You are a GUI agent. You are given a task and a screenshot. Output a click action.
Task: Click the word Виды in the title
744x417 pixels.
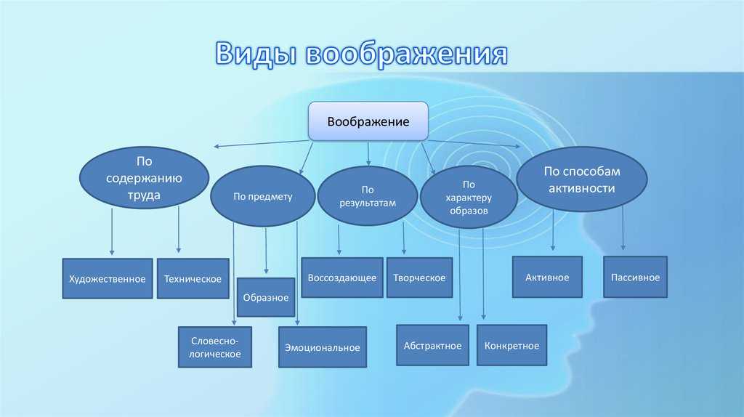tap(256, 53)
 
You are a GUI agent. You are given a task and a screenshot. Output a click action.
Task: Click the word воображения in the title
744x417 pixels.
tap(407, 54)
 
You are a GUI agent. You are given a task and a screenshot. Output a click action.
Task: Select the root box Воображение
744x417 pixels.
tap(368, 121)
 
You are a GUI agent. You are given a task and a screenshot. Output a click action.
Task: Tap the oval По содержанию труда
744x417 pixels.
tap(145, 178)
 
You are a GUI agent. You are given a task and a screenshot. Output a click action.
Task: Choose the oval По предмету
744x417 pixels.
tap(263, 196)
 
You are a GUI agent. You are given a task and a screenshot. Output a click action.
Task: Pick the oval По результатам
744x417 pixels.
tap(368, 196)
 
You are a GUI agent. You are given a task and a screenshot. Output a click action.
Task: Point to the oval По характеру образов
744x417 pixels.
tap(469, 197)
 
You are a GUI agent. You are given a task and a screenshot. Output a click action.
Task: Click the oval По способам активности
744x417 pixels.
tap(582, 179)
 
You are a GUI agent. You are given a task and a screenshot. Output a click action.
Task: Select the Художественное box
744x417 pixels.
tap(108, 278)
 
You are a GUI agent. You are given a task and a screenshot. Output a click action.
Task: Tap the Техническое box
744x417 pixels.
tap(193, 278)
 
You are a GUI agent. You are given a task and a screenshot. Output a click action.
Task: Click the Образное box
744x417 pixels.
tap(266, 297)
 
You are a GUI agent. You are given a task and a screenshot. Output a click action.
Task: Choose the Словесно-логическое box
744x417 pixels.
tap(215, 347)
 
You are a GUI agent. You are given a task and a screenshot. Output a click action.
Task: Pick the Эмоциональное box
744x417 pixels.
tap(323, 347)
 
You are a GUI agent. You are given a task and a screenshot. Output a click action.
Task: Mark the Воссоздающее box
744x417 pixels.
tap(342, 278)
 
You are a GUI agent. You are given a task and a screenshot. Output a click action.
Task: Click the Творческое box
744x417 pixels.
tap(419, 278)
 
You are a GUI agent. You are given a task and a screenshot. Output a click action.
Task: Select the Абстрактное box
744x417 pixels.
tap(433, 345)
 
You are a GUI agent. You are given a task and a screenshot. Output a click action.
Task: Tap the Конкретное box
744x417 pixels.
tap(512, 345)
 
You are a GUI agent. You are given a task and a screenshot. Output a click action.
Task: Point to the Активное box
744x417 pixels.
tap(547, 277)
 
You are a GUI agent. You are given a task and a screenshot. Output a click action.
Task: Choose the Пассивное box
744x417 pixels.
tap(635, 277)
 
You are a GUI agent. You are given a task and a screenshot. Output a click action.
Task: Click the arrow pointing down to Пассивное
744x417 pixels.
tap(623, 228)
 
